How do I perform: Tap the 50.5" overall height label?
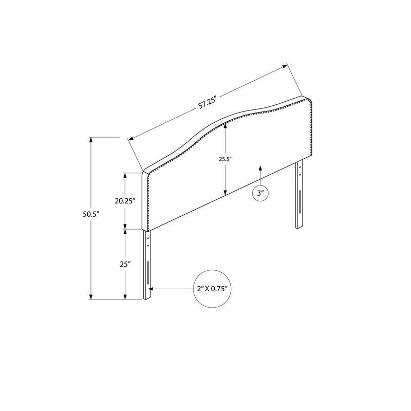tap(91, 216)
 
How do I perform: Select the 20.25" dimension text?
tap(124, 201)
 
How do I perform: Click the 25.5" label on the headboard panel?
tap(225, 159)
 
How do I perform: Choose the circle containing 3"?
tap(260, 194)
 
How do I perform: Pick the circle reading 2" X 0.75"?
tap(212, 289)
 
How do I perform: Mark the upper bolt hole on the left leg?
tap(148, 238)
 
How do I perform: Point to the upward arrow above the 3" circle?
tap(260, 169)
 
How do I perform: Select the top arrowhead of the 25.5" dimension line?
tap(225, 128)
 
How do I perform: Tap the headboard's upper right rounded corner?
tap(310, 99)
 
